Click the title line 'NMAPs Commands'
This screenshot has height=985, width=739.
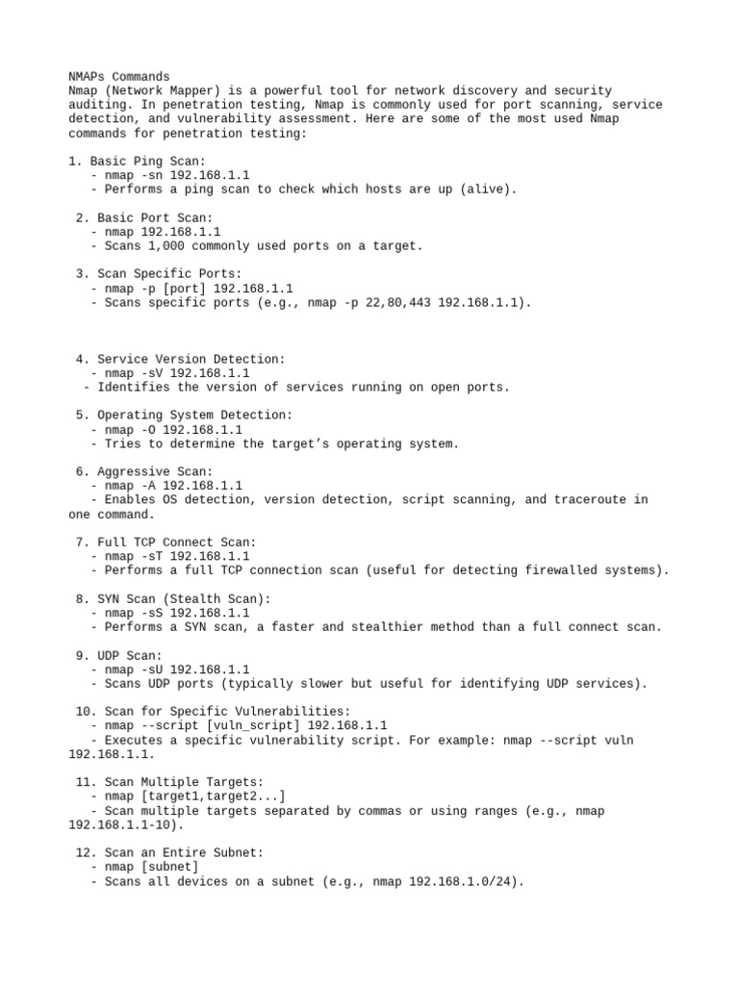119,76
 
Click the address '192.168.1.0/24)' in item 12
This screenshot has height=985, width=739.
467,881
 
